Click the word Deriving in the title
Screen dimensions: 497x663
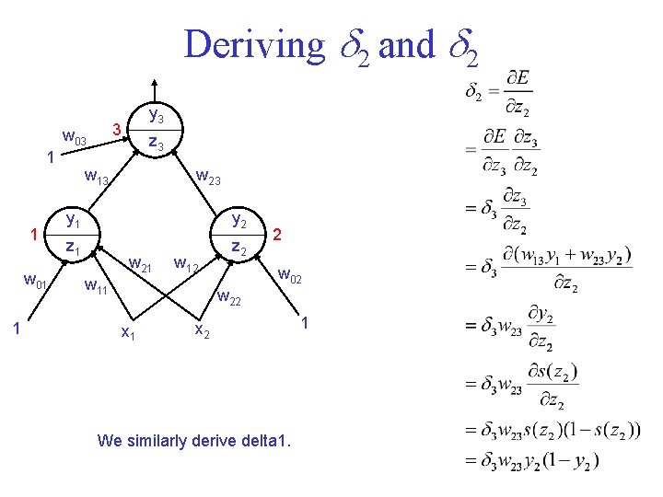coord(253,44)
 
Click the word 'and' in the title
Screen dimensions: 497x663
coord(406,44)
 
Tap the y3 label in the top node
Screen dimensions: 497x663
coord(157,117)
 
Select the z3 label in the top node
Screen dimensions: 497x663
coord(157,143)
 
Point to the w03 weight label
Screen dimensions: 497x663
coord(74,139)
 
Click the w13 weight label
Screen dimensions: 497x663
coord(97,177)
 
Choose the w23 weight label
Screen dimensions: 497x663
coord(208,176)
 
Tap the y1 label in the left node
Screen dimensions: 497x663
coord(73,220)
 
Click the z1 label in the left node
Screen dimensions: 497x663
coord(73,247)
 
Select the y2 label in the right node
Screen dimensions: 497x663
coord(239,220)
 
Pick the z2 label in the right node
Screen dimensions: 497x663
coord(238,247)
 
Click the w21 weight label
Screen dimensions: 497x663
coord(140,266)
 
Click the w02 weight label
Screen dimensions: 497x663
coord(291,273)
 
